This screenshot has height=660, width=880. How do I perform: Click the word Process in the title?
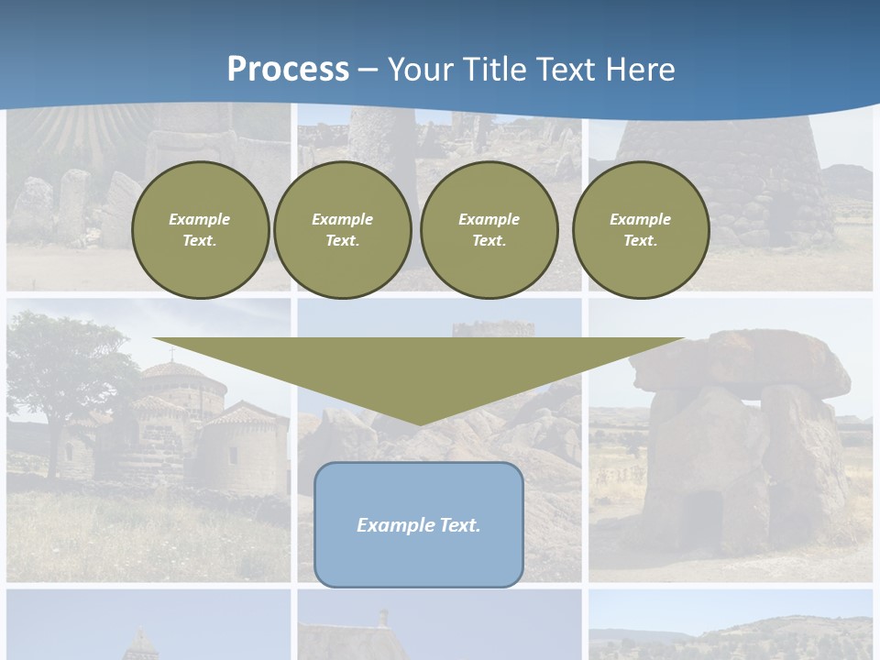tap(288, 70)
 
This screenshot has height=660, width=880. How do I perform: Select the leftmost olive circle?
tap(200, 229)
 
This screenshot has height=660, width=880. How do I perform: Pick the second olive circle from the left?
tap(342, 229)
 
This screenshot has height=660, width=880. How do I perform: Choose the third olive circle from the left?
tap(489, 229)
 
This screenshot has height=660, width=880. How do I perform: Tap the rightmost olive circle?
tap(640, 229)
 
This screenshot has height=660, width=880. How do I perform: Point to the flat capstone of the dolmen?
tap(742, 362)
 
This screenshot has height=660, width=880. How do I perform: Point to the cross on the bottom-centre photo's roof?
tap(383, 616)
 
